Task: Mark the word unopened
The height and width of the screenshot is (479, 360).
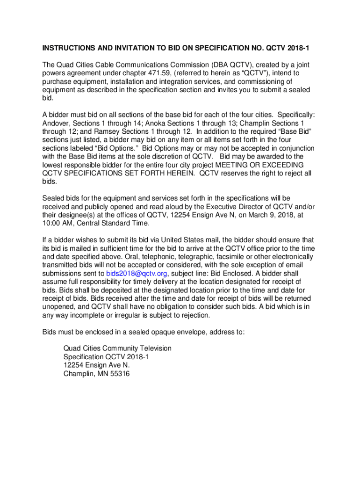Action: point(59,307)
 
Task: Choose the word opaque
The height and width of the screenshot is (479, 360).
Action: point(162,332)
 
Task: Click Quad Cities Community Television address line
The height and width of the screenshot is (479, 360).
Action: point(117,348)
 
